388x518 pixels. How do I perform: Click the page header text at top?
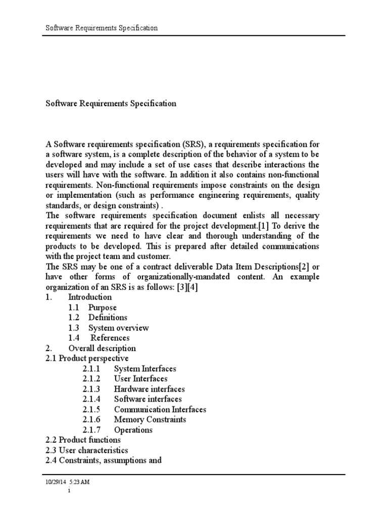point(102,28)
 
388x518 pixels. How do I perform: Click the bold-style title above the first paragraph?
point(111,103)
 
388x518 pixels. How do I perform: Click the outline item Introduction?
point(89,297)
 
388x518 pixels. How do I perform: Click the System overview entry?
point(118,328)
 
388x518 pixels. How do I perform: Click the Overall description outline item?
point(102,348)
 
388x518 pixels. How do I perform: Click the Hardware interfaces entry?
point(149,389)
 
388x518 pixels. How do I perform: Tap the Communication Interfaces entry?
point(160,409)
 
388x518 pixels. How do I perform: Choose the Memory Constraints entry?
point(150,419)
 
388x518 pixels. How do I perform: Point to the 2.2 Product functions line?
point(83,440)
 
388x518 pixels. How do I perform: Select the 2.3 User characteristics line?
point(86,450)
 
